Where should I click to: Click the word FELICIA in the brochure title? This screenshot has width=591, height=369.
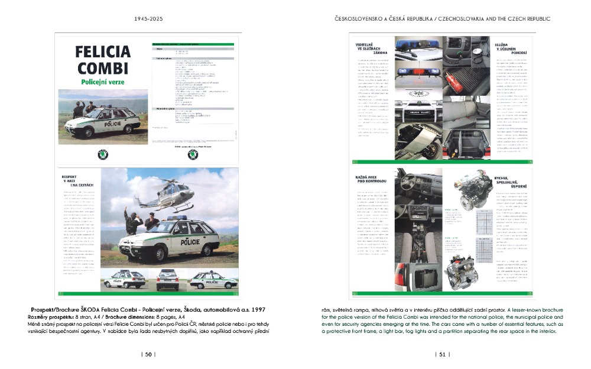pos(103,52)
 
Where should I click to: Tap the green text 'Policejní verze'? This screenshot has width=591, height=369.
pos(103,82)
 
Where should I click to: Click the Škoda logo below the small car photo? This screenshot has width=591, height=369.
pos(103,155)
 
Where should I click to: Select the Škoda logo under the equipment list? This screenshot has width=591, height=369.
pos(193,155)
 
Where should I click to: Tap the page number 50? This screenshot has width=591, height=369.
pos(148,354)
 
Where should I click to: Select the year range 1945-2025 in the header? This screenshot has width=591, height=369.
pos(148,18)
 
